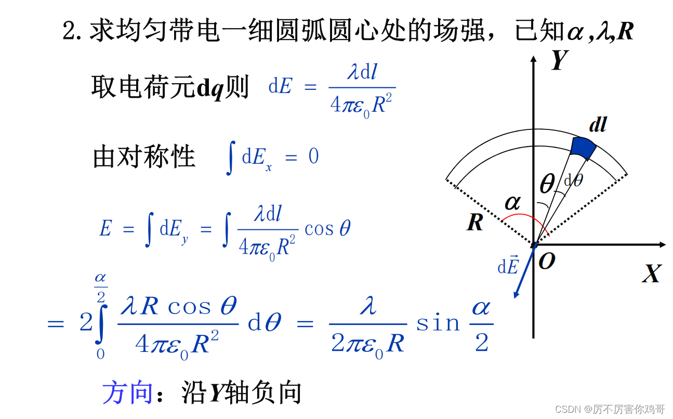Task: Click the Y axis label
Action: pyautogui.click(x=558, y=60)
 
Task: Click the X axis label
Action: pyautogui.click(x=651, y=273)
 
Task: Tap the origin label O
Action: pyautogui.click(x=547, y=261)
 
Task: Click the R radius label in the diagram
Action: pyautogui.click(x=475, y=222)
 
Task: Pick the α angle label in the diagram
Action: pyautogui.click(x=512, y=203)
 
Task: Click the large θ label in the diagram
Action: pyautogui.click(x=547, y=184)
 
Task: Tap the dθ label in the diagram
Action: pyautogui.click(x=573, y=180)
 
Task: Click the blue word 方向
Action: pyautogui.click(x=127, y=392)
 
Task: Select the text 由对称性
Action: pyautogui.click(x=144, y=156)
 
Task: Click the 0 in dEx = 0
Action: pyautogui.click(x=313, y=156)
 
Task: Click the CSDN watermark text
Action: pyautogui.click(x=610, y=410)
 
